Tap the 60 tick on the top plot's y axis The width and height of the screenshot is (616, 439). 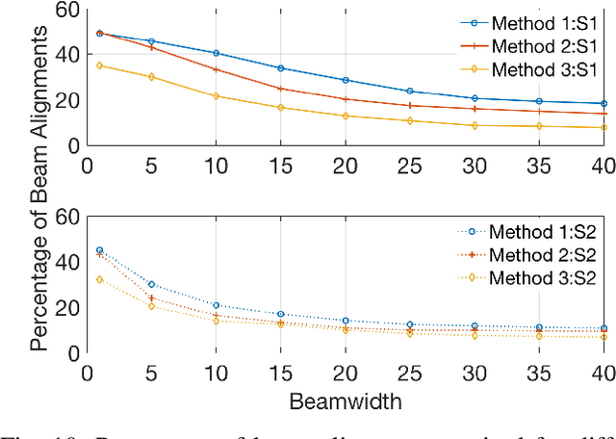pos(65,10)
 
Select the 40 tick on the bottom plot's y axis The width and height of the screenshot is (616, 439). pos(65,263)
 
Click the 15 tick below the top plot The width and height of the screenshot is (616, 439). pos(279,163)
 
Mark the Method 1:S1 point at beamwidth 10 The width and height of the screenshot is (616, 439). pos(216,53)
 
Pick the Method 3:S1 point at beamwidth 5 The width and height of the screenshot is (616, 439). pos(151,77)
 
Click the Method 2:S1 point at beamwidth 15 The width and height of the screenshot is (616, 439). pos(279,89)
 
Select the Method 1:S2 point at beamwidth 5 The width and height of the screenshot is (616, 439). pos(151,284)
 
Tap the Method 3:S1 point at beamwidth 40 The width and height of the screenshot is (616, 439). pos(603,127)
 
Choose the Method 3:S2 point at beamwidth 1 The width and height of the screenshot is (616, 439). pos(99,279)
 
